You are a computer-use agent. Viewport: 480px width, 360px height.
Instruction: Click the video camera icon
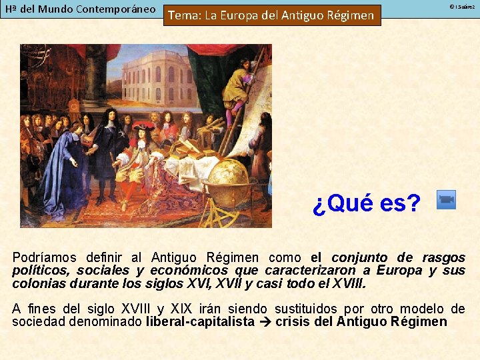point(446,200)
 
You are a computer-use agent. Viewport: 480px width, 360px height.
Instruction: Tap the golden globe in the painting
point(227,175)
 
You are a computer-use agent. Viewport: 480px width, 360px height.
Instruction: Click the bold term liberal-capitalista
point(200,322)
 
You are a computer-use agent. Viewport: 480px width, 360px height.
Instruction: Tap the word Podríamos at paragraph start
point(44,257)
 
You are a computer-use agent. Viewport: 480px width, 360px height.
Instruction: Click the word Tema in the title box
point(181,15)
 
